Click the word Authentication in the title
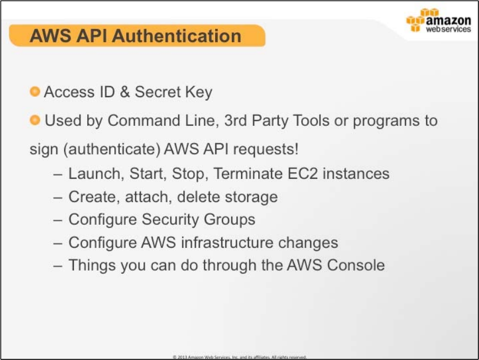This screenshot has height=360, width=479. click(x=177, y=36)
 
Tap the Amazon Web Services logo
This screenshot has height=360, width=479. click(x=439, y=20)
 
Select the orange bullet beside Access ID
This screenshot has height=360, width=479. click(x=35, y=91)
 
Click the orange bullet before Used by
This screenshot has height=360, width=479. click(x=35, y=120)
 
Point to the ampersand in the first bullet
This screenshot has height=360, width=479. click(x=125, y=92)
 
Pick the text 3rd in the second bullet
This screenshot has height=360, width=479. click(x=236, y=120)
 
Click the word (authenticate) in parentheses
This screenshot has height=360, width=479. click(x=112, y=150)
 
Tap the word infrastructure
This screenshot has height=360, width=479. click(x=227, y=242)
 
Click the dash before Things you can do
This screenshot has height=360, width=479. click(x=58, y=266)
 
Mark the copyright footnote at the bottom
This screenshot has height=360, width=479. click(x=239, y=357)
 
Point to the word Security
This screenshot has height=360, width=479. click(x=170, y=220)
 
